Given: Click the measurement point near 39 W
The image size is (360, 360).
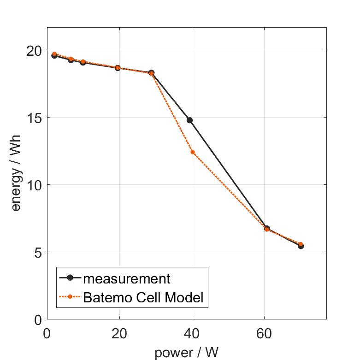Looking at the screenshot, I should tap(189, 120).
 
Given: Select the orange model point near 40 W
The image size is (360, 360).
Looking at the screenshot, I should tap(192, 152).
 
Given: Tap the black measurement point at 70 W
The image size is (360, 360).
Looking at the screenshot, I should tap(301, 246).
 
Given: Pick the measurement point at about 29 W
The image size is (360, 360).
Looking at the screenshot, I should tap(151, 73).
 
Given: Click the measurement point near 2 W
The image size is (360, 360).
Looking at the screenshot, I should tap(54, 55).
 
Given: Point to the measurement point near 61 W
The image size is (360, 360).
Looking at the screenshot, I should tap(266, 228).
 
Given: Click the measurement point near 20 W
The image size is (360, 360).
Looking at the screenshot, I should tap(118, 68).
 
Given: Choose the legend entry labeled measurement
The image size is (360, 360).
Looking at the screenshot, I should tap(127, 278).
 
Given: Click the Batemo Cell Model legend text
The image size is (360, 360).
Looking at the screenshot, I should tap(143, 297).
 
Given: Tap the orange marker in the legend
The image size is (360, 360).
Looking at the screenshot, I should tap(71, 297).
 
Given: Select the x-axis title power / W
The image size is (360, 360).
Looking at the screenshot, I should tap(186, 353).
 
